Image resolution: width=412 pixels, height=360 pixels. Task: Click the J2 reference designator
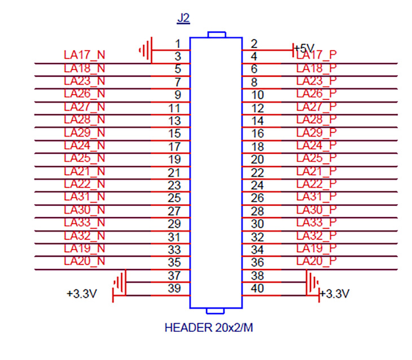[x=183, y=18]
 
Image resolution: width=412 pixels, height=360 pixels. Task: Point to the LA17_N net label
[x=85, y=55]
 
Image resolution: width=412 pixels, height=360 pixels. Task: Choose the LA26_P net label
[x=316, y=94]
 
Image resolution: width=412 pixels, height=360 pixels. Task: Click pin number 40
[x=258, y=288]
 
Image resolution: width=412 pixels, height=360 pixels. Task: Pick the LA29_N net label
[x=85, y=133]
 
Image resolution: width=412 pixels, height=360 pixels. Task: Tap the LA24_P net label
[x=316, y=146]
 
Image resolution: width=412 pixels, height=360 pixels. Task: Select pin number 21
[x=174, y=172]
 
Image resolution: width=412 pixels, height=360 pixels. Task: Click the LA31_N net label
[x=85, y=197]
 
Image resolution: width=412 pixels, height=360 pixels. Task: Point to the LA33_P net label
[x=316, y=222]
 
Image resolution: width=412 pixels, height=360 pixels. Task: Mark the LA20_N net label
[x=85, y=261]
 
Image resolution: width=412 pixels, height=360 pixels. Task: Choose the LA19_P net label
[x=316, y=248]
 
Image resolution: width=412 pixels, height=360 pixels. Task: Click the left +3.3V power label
[x=81, y=294]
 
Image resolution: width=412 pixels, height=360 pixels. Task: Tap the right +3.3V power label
[x=335, y=294]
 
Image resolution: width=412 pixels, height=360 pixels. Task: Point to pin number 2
[x=254, y=43]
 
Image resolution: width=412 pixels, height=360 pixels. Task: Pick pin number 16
[x=258, y=134]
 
